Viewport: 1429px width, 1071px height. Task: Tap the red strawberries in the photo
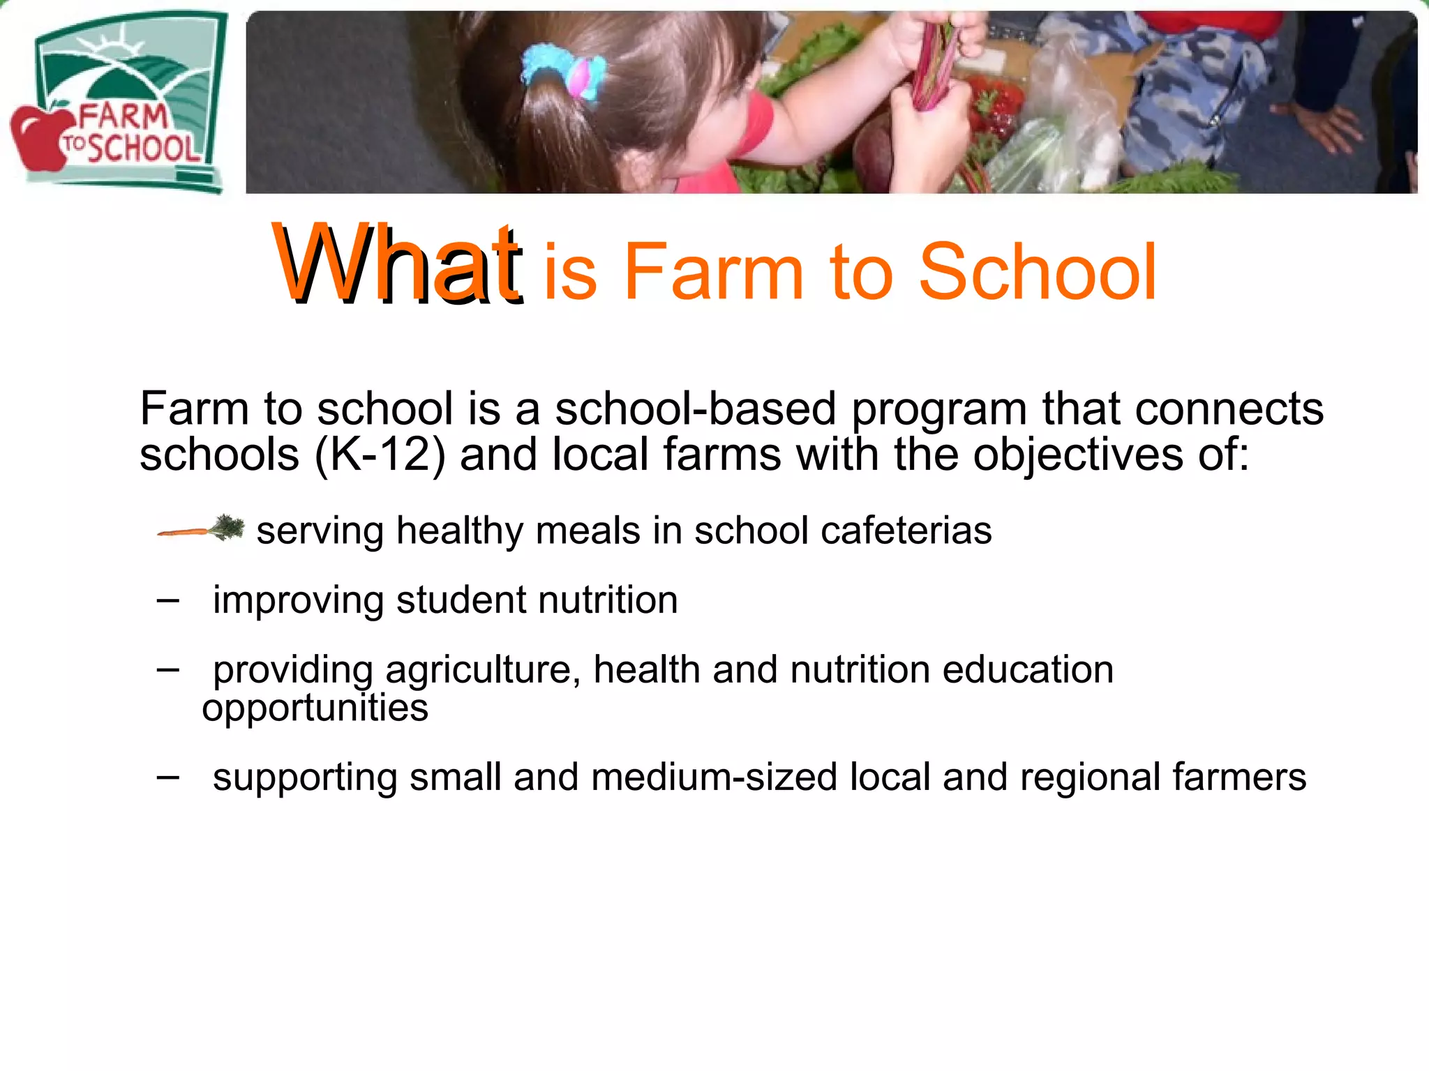(994, 112)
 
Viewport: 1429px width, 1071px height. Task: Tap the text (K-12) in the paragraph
(380, 455)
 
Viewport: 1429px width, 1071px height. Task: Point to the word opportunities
(315, 708)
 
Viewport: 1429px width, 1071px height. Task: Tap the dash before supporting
(168, 776)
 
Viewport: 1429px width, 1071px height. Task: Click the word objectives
(1077, 455)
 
